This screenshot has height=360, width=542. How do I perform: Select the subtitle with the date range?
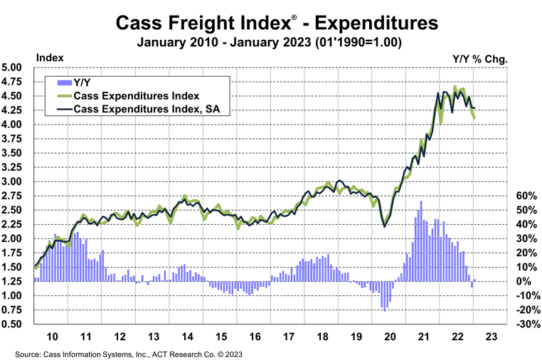coord(271,43)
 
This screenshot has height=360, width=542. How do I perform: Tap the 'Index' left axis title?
coord(49,58)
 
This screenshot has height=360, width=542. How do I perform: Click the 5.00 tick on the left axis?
coord(15,68)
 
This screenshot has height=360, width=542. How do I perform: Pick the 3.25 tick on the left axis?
coord(15,167)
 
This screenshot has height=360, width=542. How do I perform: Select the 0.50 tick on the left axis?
coord(15,324)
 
